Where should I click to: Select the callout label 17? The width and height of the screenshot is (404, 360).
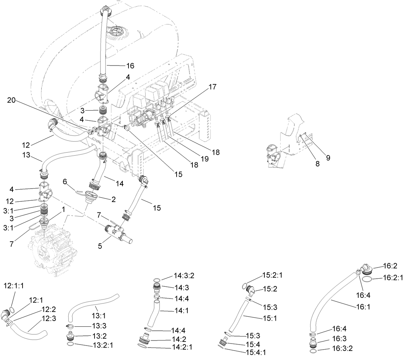pyautogui.click(x=212, y=87)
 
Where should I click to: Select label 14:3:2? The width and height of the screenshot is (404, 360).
pyautogui.click(x=184, y=276)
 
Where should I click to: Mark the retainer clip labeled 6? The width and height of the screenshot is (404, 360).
pyautogui.click(x=79, y=192)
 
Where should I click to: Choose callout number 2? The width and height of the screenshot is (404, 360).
pyautogui.click(x=113, y=199)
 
